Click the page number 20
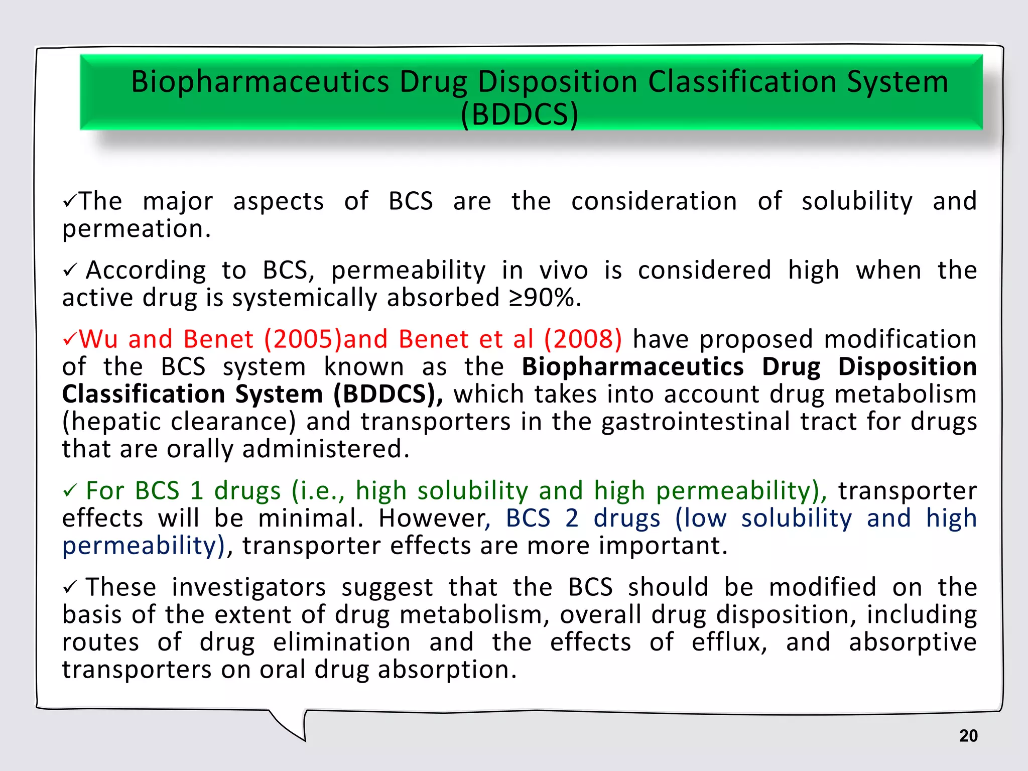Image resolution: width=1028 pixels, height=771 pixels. point(968,736)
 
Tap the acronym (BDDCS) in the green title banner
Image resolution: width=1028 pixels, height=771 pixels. point(520,114)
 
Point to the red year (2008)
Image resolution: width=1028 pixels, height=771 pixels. point(583,339)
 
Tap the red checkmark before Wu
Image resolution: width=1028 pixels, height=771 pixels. point(69,340)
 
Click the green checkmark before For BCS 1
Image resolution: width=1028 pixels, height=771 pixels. point(69,491)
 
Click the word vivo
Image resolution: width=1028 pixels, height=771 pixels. point(563,271)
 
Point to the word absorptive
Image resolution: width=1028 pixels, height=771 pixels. point(913,642)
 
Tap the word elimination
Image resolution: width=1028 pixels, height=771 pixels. point(342,642)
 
